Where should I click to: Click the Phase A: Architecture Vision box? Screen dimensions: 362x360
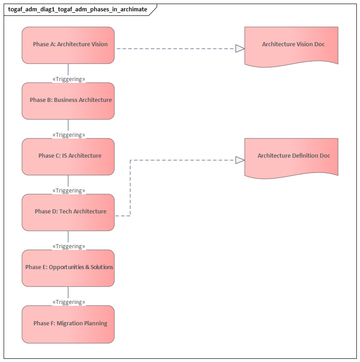(68, 45)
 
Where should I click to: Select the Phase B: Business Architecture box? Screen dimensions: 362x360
(68, 101)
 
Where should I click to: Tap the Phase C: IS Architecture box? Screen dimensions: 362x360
(68, 156)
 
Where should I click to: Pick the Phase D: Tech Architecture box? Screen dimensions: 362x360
(68, 212)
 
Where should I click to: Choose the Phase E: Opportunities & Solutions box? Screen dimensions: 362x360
(68, 268)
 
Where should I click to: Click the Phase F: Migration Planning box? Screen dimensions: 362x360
(68, 324)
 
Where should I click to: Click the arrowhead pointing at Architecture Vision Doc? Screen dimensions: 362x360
(240, 48)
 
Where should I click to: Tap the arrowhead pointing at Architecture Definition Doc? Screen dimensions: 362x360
(240, 159)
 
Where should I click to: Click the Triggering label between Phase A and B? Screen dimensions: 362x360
(69, 79)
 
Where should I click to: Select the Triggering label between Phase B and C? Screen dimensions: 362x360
(69, 135)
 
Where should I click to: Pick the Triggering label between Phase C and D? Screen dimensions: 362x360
(69, 191)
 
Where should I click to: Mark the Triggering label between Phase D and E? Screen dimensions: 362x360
(69, 246)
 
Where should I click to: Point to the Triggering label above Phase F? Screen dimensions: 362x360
(69, 302)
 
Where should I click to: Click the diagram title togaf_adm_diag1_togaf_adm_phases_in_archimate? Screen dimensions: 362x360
(77, 10)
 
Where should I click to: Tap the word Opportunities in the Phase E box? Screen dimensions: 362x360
(66, 267)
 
